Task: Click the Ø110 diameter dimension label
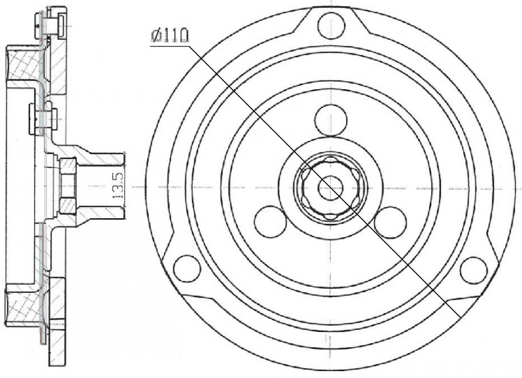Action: click(170, 36)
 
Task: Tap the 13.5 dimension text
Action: click(118, 185)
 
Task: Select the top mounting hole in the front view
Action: click(331, 25)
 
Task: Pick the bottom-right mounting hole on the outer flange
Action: click(474, 270)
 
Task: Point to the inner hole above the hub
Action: click(331, 120)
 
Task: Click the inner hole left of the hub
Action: click(270, 222)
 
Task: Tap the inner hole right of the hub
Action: click(390, 222)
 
